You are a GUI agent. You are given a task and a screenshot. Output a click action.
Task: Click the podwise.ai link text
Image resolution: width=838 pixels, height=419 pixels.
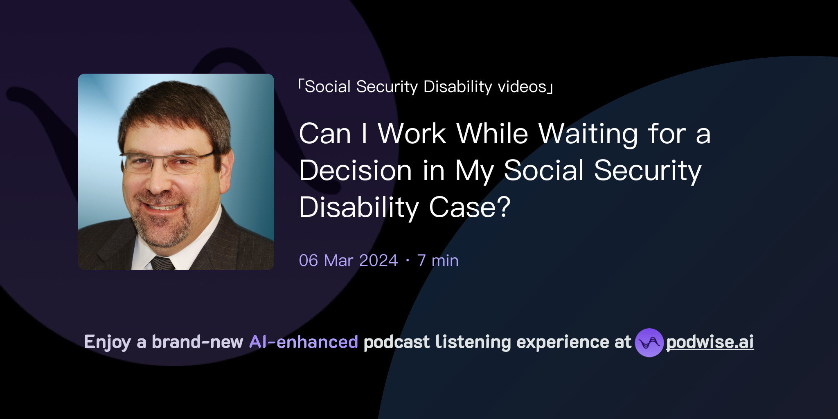coord(710,342)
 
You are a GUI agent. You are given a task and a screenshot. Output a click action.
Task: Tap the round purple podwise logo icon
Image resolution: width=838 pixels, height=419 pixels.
coord(649,342)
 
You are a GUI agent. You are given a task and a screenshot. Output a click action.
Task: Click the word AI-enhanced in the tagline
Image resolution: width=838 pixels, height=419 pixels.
coord(304,342)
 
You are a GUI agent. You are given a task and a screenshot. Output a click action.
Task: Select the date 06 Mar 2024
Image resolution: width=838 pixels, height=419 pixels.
coord(348,260)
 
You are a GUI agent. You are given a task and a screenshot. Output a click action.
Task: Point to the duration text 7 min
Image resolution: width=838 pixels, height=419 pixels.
coord(438,260)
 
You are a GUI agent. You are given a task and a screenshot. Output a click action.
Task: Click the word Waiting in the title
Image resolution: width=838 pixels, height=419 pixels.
coord(588,134)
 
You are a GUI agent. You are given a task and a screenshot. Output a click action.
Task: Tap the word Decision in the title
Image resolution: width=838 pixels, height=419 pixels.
coord(355,171)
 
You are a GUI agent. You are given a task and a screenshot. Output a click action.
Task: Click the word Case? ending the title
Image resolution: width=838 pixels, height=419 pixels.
coord(469,207)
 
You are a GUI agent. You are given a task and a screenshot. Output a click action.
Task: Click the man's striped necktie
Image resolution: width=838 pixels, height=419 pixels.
coord(162,263)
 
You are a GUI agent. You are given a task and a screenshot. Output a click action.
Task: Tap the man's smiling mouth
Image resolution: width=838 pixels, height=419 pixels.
coord(162,207)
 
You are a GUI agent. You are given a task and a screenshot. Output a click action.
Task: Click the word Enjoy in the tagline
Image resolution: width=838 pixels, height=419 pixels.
coord(107,342)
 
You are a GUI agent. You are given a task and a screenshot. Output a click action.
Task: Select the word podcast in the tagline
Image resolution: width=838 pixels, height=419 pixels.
coord(396,342)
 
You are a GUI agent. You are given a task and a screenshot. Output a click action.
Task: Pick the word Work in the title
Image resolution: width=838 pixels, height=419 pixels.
coord(412,134)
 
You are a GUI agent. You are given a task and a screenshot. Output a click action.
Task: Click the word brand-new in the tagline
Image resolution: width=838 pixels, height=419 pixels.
coord(197,342)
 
